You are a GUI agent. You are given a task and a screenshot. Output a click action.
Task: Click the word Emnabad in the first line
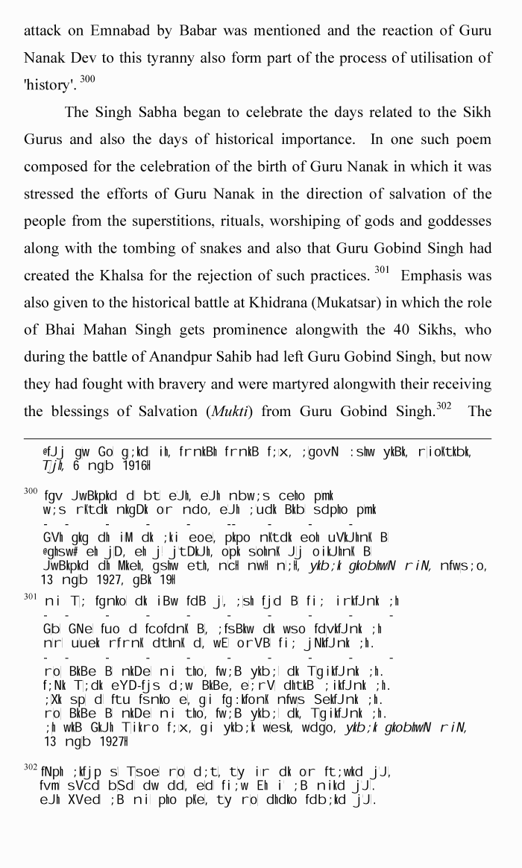coord(119,31)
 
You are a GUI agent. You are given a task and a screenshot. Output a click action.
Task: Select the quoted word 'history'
coord(48,86)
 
